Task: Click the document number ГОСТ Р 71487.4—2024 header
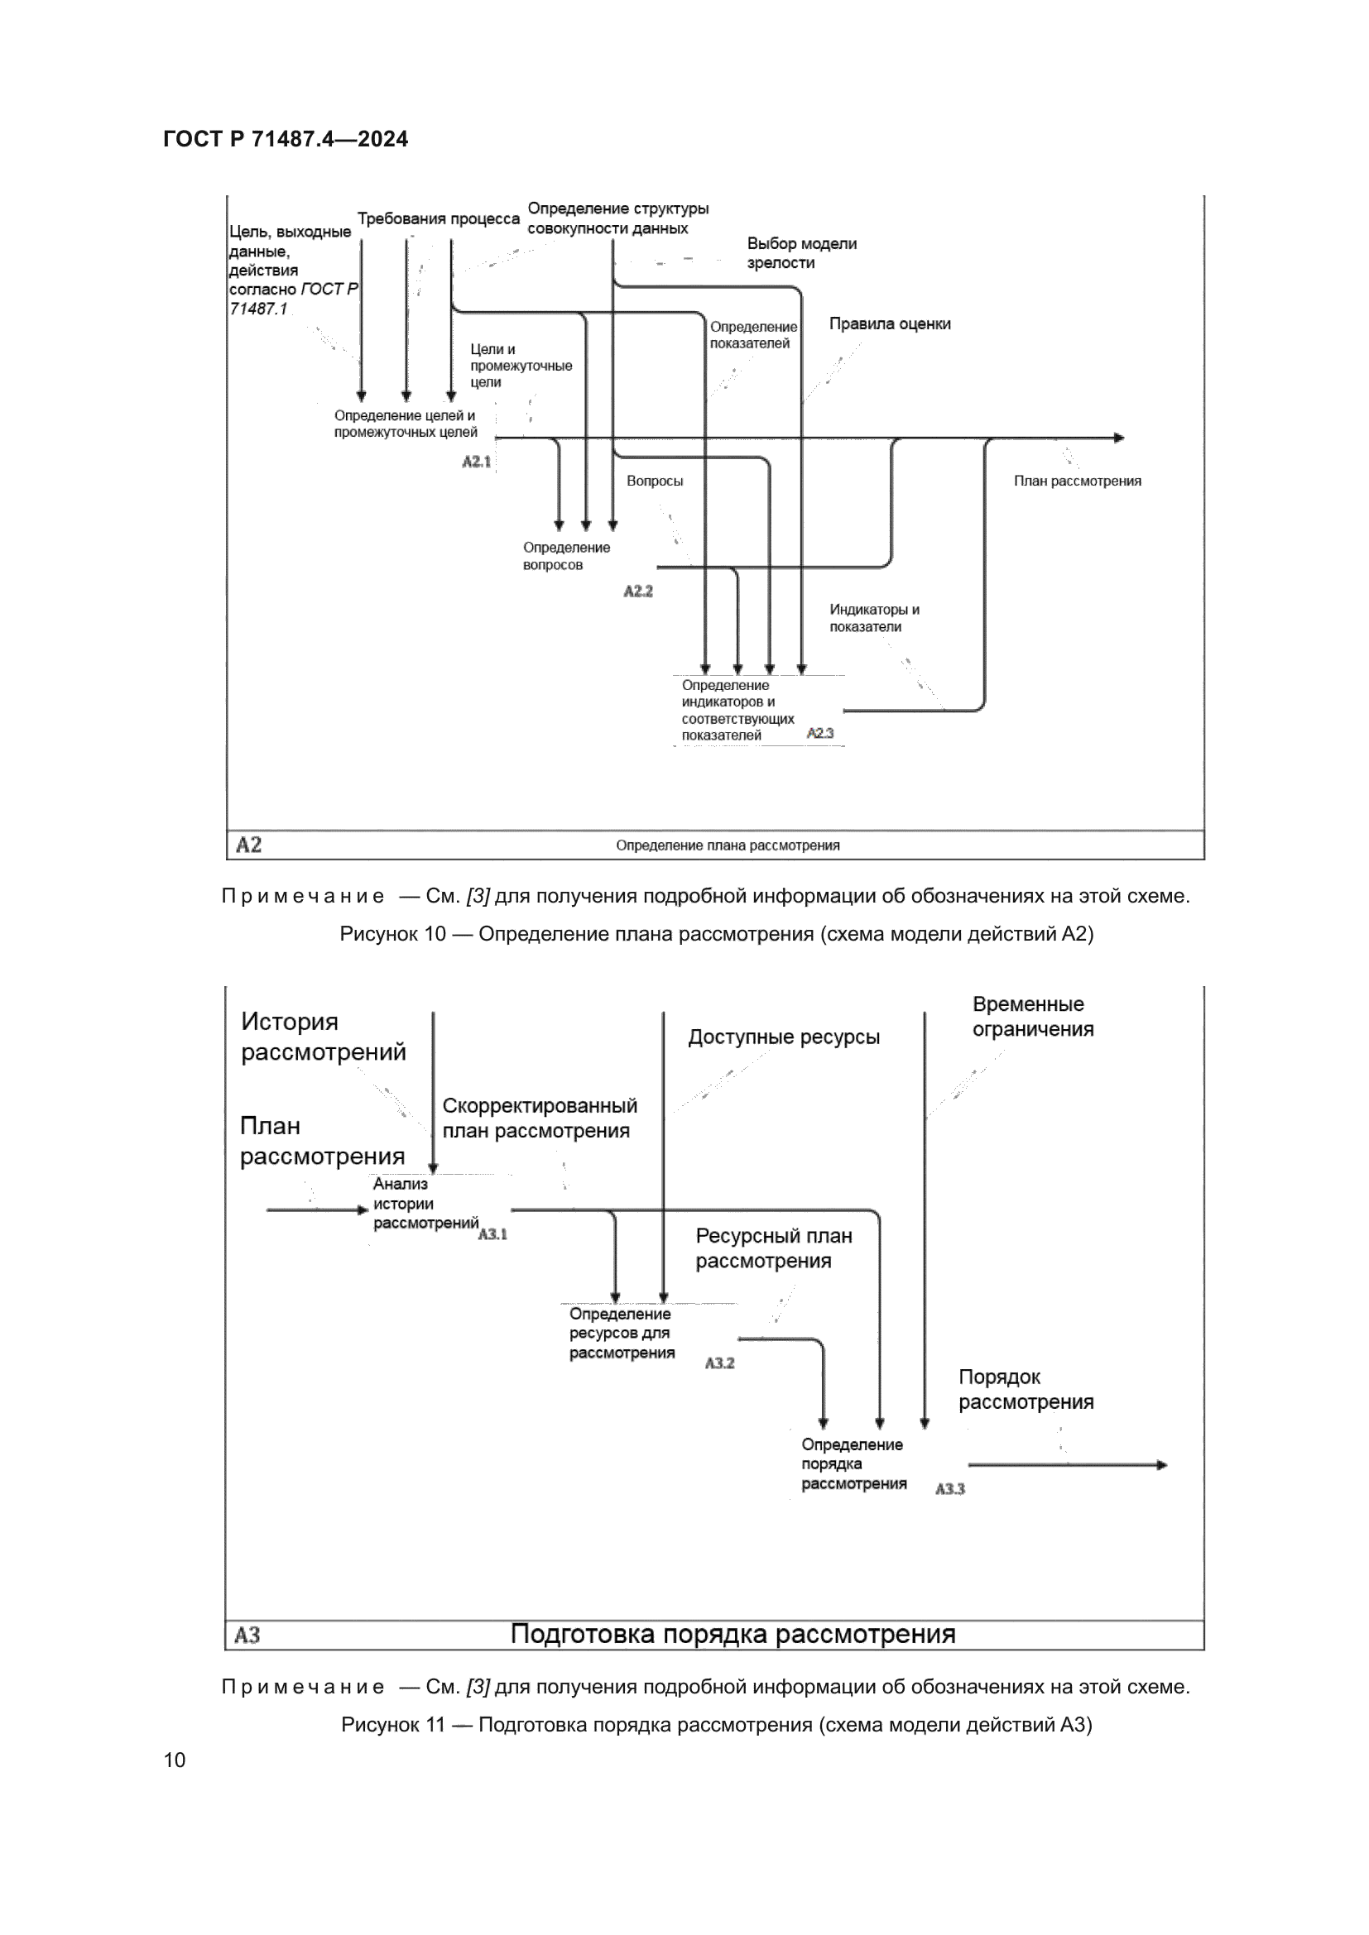[x=286, y=139]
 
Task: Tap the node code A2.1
[x=476, y=462]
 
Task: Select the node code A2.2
[x=638, y=592]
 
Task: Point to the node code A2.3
[x=819, y=733]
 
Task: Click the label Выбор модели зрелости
[x=801, y=253]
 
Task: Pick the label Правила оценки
[x=889, y=323]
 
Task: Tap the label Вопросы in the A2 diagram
[x=654, y=481]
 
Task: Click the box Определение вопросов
[x=565, y=556]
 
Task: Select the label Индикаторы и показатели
[x=873, y=618]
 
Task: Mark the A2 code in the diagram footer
[x=248, y=845]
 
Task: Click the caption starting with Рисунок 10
[x=717, y=934]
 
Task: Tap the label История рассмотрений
[x=323, y=1037]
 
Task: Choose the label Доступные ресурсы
[x=783, y=1037]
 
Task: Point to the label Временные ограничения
[x=1033, y=1017]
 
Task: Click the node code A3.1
[x=492, y=1234]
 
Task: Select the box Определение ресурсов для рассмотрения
[x=622, y=1334]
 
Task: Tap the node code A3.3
[x=950, y=1489]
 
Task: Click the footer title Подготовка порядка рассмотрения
[x=733, y=1635]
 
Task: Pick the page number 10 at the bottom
[x=175, y=1760]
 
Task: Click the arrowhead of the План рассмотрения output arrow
[x=1119, y=438]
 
